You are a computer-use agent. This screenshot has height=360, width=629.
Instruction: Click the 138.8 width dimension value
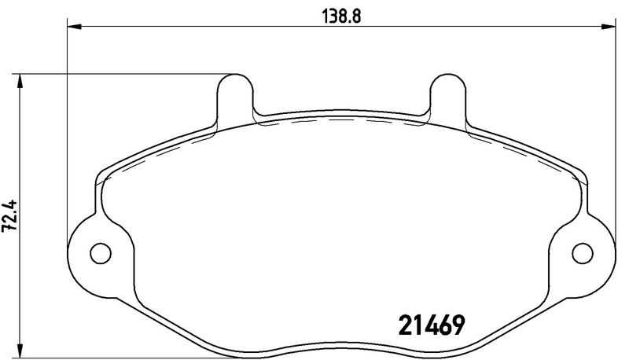pos(341,17)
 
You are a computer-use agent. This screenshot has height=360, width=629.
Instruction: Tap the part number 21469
pos(431,325)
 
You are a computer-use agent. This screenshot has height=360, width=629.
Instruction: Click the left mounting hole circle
pos(101,253)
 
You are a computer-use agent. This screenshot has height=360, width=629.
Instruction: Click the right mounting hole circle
pos(583,253)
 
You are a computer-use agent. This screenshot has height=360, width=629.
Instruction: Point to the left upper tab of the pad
pos(235,96)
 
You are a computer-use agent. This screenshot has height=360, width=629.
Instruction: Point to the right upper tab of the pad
pos(448,96)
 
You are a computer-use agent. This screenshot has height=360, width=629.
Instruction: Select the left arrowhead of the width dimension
pos(75,27)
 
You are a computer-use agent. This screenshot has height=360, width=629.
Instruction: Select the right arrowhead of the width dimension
pos(608,27)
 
